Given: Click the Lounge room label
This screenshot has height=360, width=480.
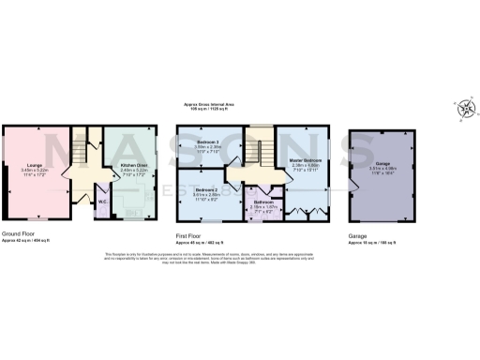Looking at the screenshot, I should tap(34, 164).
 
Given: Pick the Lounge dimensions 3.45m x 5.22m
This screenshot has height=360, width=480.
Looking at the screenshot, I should tap(34, 170).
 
